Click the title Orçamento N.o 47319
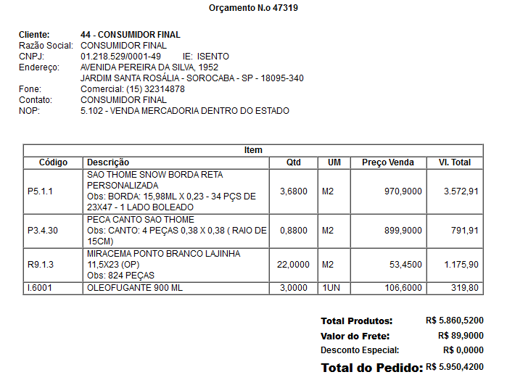point(253,9)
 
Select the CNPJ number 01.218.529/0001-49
point(121,57)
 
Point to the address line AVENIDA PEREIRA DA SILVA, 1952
point(149,67)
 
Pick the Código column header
point(53,162)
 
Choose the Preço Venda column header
point(388,162)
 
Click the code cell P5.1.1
point(41,191)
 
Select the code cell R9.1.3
point(41,265)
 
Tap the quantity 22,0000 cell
point(294,265)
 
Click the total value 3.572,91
point(461,191)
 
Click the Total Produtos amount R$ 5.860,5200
point(455,320)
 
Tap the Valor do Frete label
point(355,336)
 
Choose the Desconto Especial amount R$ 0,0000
point(463,350)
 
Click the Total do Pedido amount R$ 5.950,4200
point(455,367)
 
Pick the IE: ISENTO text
point(205,57)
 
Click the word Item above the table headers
point(253,150)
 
